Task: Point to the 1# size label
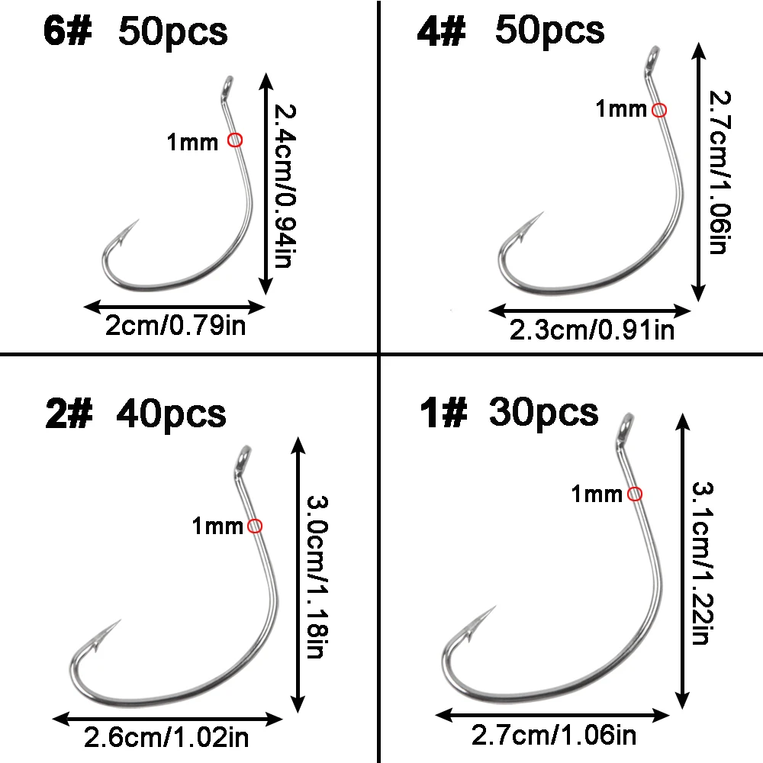(x=443, y=413)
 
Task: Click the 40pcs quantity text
(x=171, y=414)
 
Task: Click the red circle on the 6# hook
(x=235, y=140)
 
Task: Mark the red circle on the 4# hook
(x=660, y=110)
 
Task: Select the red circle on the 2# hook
(x=255, y=525)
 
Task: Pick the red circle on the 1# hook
(x=634, y=494)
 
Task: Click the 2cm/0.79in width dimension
(x=175, y=327)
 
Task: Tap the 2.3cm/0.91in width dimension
(x=591, y=330)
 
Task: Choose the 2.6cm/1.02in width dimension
(x=166, y=738)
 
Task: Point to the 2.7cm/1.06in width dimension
(x=553, y=736)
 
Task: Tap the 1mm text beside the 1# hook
(x=597, y=494)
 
